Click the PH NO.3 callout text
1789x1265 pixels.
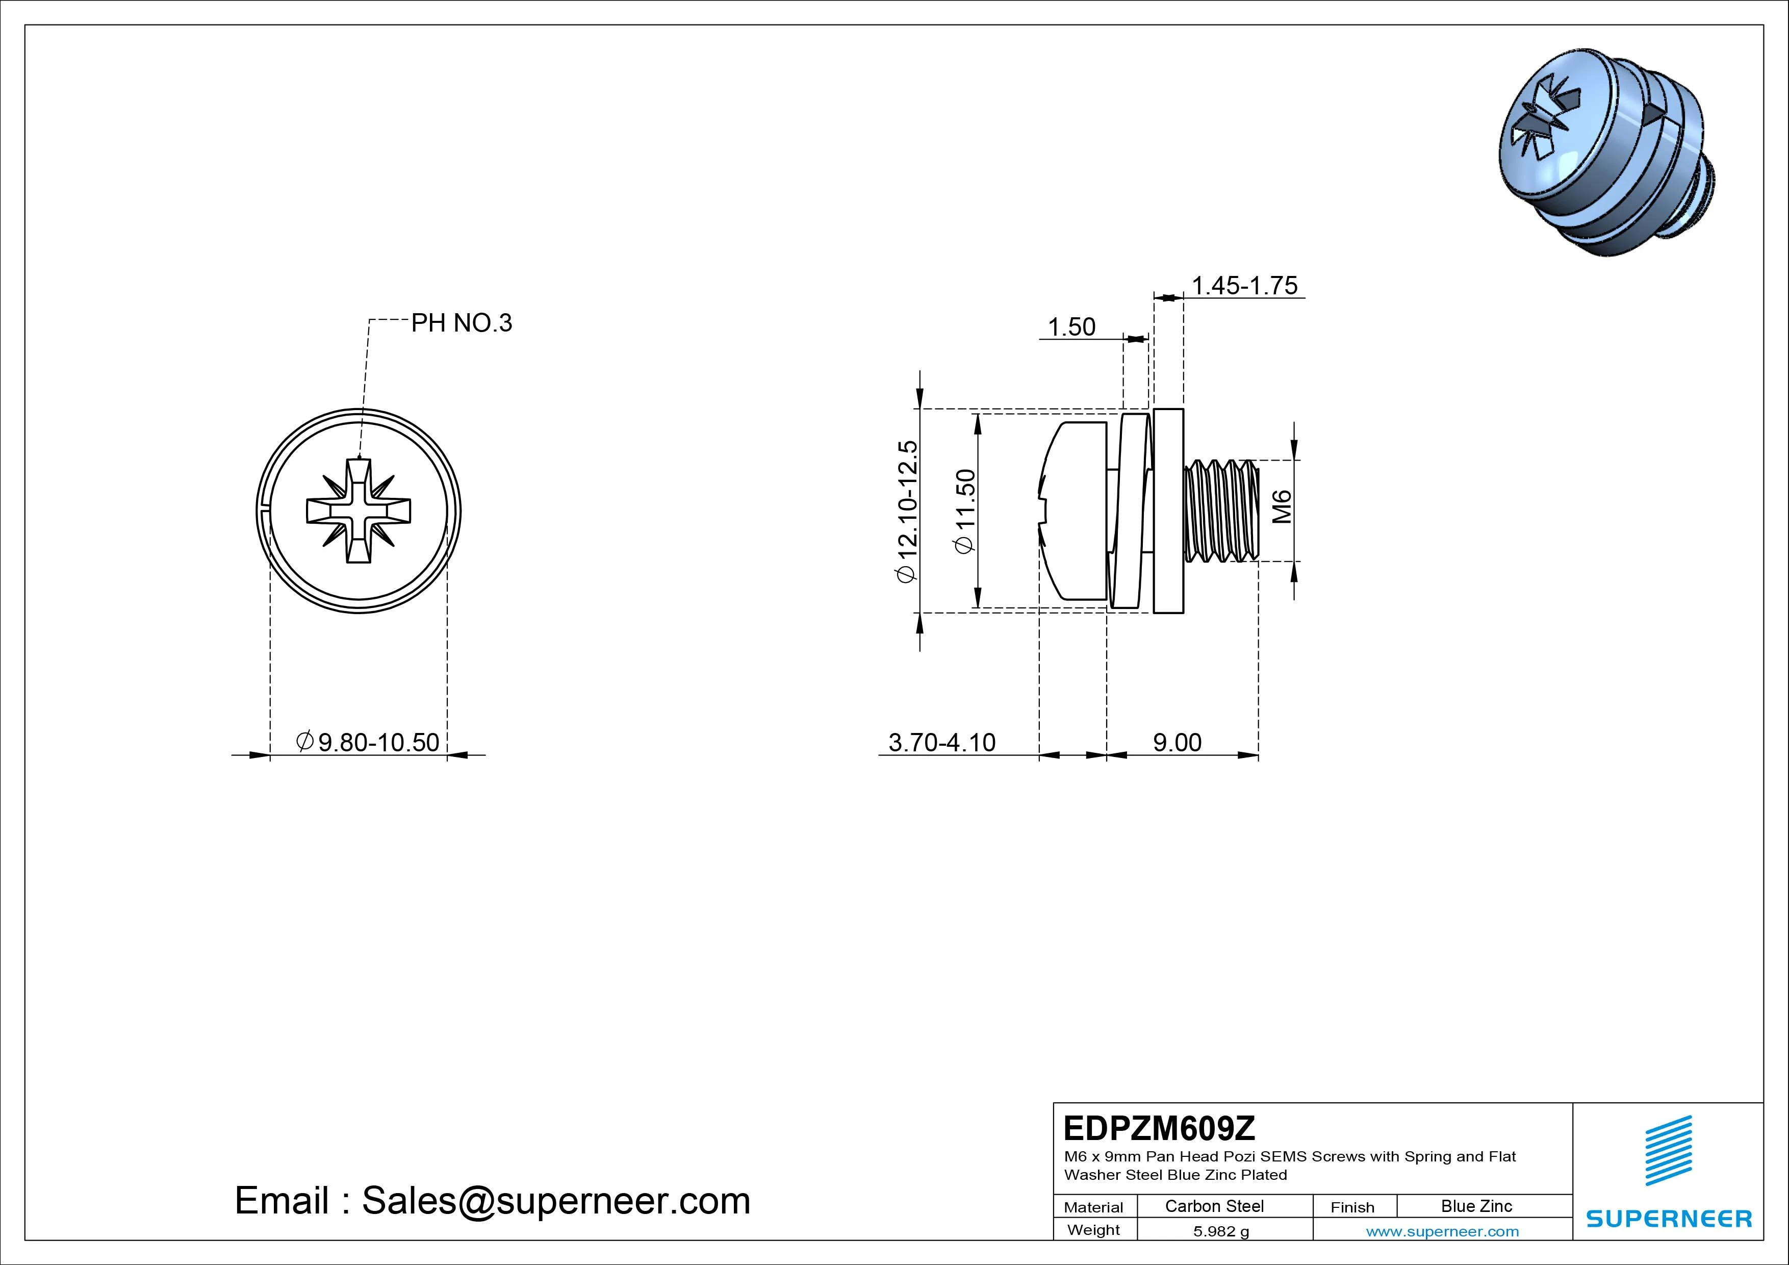pyautogui.click(x=462, y=323)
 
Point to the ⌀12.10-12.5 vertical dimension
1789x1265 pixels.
pyautogui.click(x=908, y=511)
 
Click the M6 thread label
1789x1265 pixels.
pyautogui.click(x=1282, y=507)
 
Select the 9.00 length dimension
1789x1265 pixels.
pyautogui.click(x=1177, y=742)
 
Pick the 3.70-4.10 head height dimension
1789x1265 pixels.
pyautogui.click(x=941, y=742)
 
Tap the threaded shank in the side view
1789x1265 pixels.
pyautogui.click(x=1221, y=511)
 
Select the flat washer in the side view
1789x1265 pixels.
pyautogui.click(x=1168, y=511)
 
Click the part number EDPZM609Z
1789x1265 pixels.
pyautogui.click(x=1159, y=1128)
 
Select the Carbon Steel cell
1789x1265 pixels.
pyautogui.click(x=1214, y=1206)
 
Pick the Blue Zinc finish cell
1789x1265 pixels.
pyautogui.click(x=1476, y=1206)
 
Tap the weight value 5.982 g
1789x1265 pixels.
pyautogui.click(x=1221, y=1231)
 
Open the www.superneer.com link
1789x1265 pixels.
pyautogui.click(x=1442, y=1231)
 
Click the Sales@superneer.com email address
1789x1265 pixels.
pyautogui.click(x=555, y=1200)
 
